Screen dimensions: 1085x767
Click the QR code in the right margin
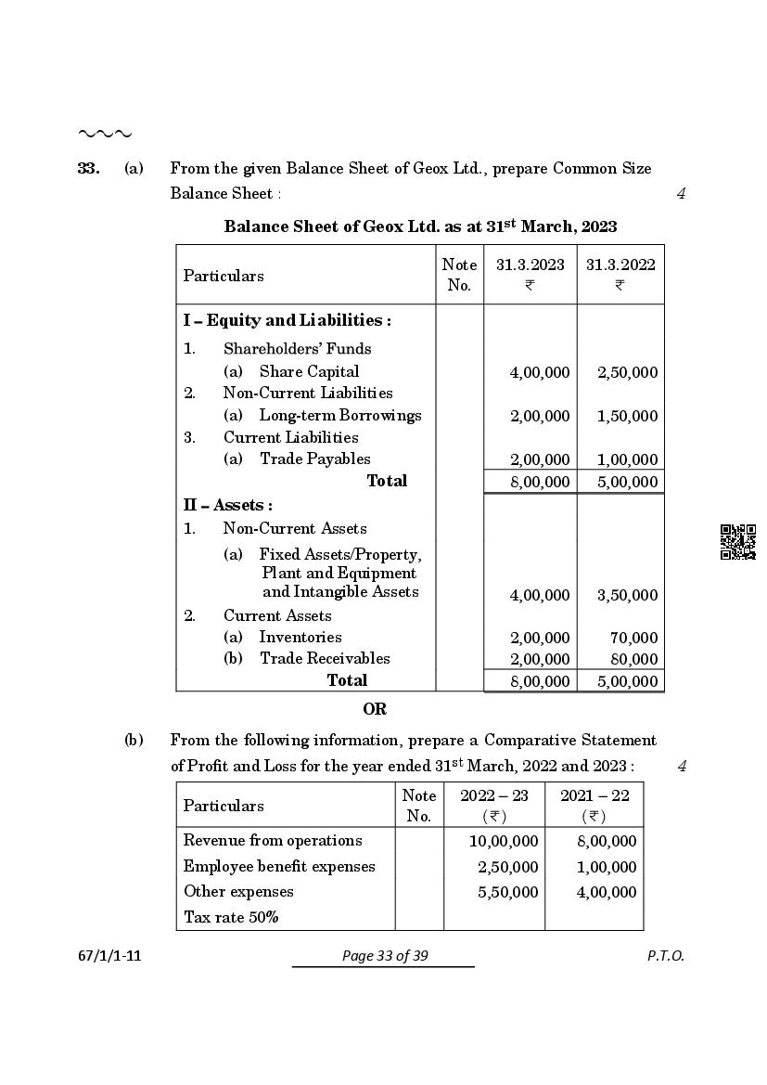tap(738, 542)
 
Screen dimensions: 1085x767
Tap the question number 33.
tap(88, 169)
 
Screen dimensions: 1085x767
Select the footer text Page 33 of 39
tap(384, 956)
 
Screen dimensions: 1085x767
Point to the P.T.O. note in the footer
tap(665, 956)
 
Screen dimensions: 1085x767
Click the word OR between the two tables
tap(375, 709)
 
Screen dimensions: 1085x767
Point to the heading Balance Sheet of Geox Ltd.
tap(420, 226)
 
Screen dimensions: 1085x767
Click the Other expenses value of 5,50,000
tap(507, 893)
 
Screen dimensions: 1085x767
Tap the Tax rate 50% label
tap(231, 918)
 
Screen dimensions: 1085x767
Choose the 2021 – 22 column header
tap(594, 796)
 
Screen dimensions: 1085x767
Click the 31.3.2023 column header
tap(530, 265)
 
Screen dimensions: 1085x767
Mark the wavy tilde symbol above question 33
tap(104, 135)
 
